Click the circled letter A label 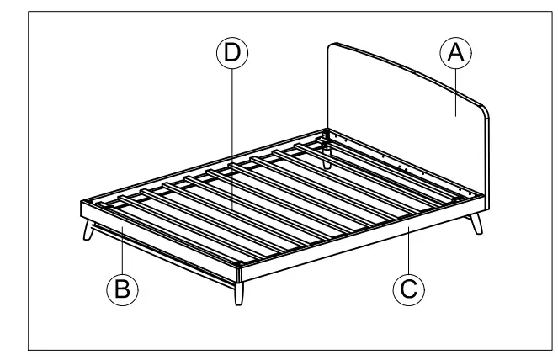click(455, 54)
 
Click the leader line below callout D click(231, 135)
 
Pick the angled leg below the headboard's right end click(477, 223)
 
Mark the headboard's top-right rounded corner click(481, 109)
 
